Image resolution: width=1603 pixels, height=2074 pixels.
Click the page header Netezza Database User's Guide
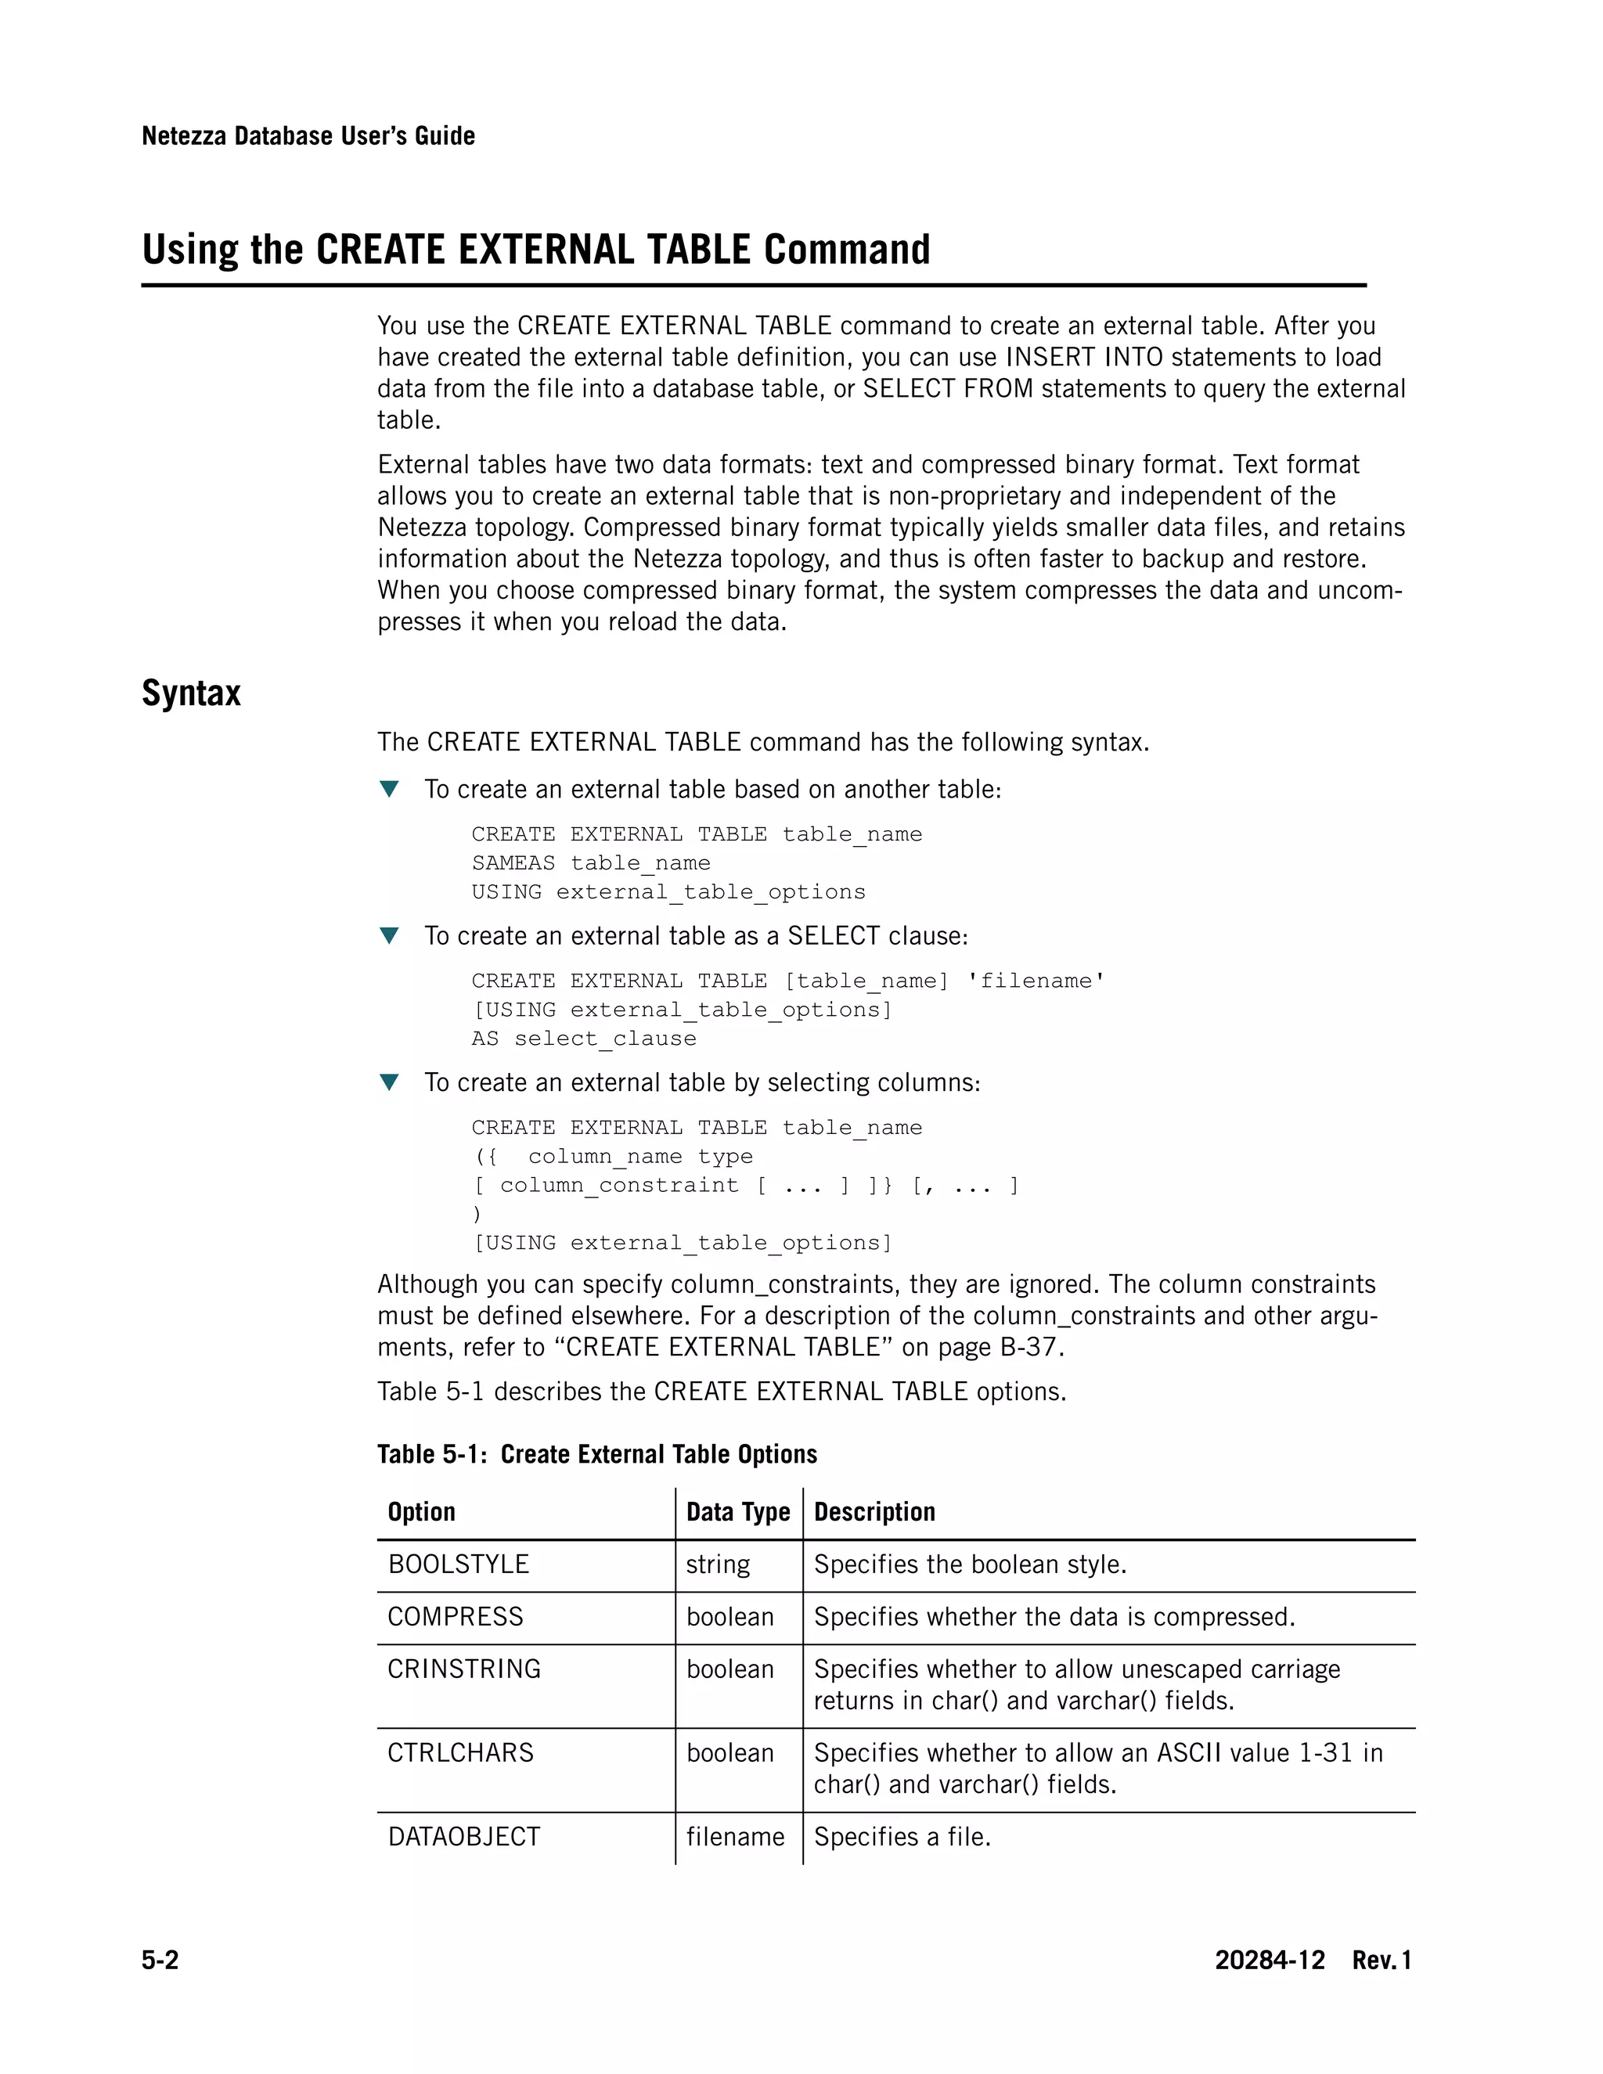pyautogui.click(x=308, y=136)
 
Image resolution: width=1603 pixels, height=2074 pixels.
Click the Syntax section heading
pyautogui.click(x=191, y=693)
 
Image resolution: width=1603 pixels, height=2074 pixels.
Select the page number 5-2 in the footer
pyautogui.click(x=160, y=1960)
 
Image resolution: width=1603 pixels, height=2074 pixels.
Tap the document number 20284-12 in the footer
pyautogui.click(x=1269, y=1960)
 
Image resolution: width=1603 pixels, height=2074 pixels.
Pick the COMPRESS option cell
pyautogui.click(x=455, y=1616)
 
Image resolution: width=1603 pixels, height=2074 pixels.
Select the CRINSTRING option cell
pyautogui.click(x=463, y=1669)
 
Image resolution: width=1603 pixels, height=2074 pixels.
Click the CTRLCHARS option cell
pyautogui.click(x=460, y=1752)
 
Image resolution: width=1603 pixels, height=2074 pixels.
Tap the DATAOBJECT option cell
pyautogui.click(x=463, y=1837)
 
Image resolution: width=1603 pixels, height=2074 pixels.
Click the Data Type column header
pyautogui.click(x=738, y=1512)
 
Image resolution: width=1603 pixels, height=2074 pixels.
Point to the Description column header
pyautogui.click(x=874, y=1512)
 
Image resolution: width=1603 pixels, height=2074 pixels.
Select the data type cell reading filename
pyautogui.click(x=735, y=1837)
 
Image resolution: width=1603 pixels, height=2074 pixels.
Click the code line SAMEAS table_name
pyautogui.click(x=591, y=863)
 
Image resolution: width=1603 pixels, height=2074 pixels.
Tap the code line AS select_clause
pyautogui.click(x=583, y=1039)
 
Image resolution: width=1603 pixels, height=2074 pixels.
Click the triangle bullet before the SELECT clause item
pyautogui.click(x=388, y=935)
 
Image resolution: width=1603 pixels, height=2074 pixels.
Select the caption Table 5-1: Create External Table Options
pyautogui.click(x=596, y=1454)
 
